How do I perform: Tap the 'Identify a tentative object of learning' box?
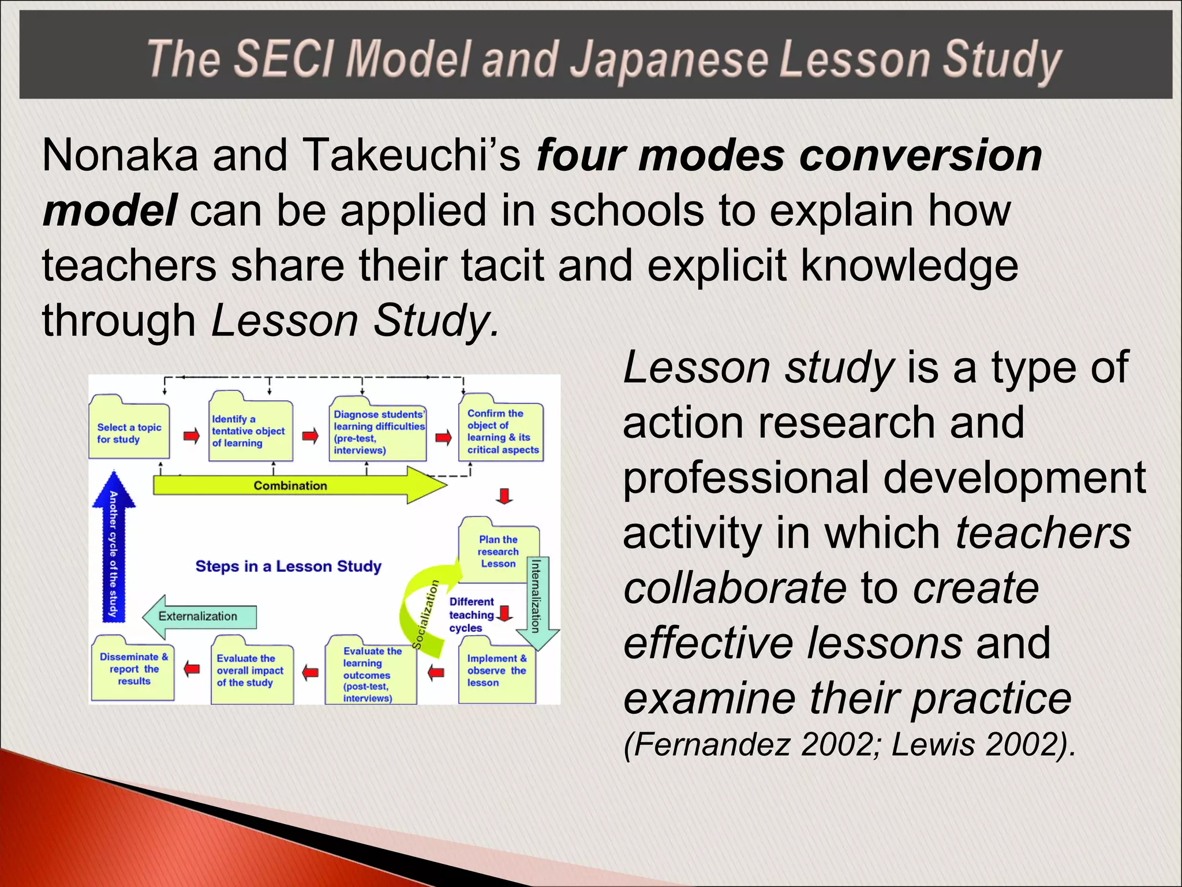click(x=251, y=431)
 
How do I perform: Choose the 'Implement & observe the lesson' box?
click(x=496, y=670)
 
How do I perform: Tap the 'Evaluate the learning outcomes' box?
click(x=371, y=673)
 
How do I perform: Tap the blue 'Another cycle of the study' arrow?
click(x=113, y=549)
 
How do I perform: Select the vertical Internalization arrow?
click(x=537, y=601)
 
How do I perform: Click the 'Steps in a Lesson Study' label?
click(x=288, y=566)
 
